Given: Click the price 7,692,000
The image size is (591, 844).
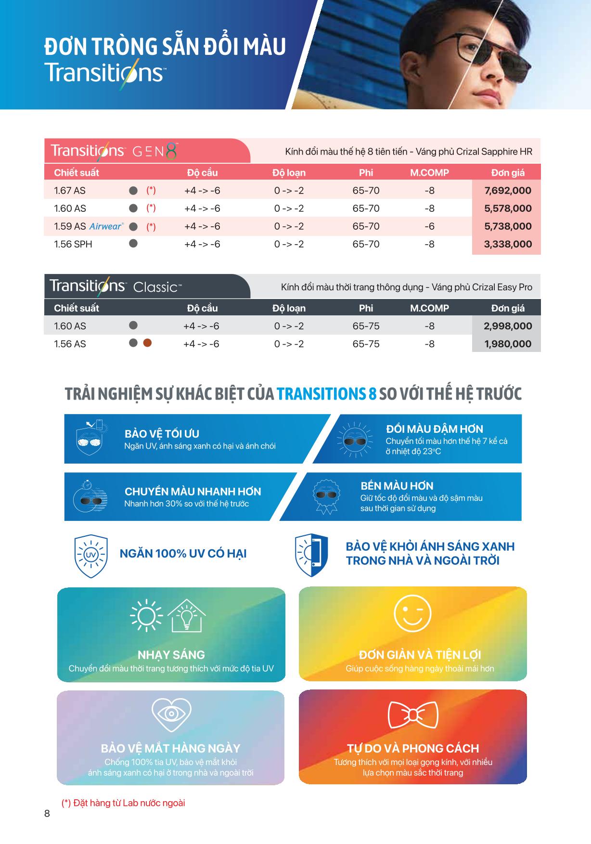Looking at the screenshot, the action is point(508,191).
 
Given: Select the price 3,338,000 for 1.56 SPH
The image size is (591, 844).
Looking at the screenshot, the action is point(508,244).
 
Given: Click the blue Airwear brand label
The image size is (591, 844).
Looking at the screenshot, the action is point(106,226).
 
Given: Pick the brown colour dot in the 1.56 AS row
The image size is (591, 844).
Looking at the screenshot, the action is point(147,343).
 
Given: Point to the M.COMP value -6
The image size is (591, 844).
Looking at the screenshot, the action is point(429,226).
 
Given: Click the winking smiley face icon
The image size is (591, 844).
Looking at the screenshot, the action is point(412,614).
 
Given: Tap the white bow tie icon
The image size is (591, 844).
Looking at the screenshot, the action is point(413,715).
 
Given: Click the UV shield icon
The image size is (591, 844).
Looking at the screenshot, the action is point(90,556).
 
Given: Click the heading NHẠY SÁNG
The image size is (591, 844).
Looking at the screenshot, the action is point(171,655).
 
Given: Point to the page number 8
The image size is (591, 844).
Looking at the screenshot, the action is point(47,813).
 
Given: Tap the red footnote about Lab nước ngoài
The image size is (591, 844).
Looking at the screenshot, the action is point(123,803).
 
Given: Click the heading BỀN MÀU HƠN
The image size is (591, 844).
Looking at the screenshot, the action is point(397,486).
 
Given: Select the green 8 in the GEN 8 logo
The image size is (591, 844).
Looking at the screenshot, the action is point(171,151).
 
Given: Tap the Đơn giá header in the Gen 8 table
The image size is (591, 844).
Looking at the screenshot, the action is point(508,173).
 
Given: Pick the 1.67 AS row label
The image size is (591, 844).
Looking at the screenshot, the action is point(70,191).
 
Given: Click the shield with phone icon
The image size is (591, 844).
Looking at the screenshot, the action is point(311,555).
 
